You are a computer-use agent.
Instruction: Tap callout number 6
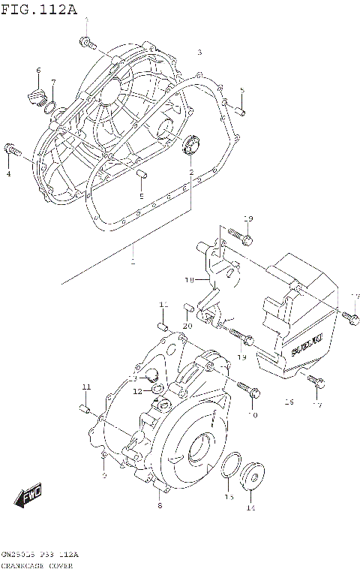(x=38, y=71)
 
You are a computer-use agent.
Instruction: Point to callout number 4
(x=9, y=174)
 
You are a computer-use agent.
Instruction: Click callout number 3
(x=199, y=53)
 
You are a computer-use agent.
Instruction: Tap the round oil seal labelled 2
(x=190, y=142)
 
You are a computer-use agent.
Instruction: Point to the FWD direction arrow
(x=28, y=497)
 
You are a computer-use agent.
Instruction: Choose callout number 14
(x=250, y=508)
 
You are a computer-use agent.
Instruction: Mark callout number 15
(x=229, y=497)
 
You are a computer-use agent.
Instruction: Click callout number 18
(x=190, y=279)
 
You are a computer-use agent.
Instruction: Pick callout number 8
(x=159, y=506)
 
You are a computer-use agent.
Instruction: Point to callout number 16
(x=288, y=402)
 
